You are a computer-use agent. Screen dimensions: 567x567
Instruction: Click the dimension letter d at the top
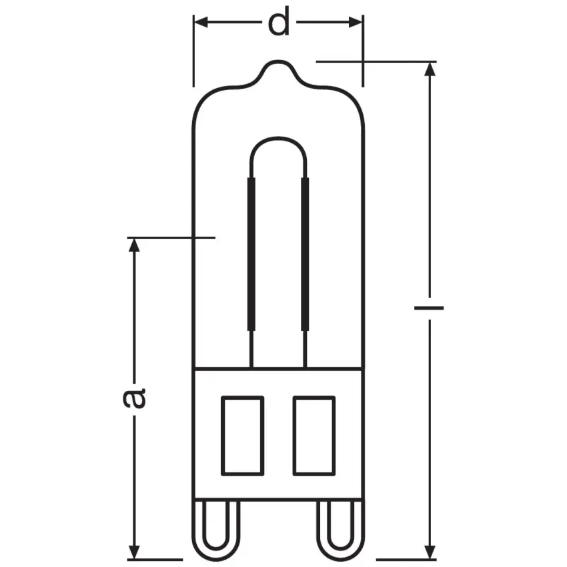[279, 23]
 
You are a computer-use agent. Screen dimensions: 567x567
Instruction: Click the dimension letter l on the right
[428, 309]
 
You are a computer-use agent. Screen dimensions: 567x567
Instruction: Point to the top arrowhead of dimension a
[135, 245]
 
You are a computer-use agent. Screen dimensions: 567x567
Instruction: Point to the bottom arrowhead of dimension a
[135, 552]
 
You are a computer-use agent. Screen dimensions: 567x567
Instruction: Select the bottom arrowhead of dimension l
[428, 552]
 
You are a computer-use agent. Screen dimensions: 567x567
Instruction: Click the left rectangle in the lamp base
[242, 436]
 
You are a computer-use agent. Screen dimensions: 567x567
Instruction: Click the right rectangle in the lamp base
[314, 436]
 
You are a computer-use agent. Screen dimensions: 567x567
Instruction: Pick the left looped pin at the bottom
[219, 530]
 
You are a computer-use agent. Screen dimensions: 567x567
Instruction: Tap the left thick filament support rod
[251, 253]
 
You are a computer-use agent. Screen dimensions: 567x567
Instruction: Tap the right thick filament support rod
[306, 253]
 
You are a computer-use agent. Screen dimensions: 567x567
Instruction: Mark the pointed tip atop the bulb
[278, 64]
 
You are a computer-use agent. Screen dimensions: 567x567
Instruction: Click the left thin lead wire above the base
[251, 349]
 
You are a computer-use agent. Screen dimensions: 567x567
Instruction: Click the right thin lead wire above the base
[306, 349]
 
